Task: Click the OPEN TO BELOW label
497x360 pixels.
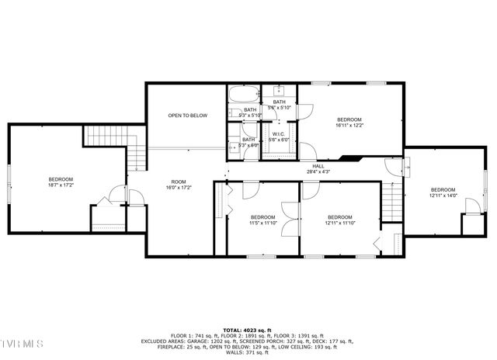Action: coord(188,116)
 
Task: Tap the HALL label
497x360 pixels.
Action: coord(318,166)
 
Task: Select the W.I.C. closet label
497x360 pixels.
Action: coord(279,134)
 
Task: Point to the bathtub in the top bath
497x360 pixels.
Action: coord(242,97)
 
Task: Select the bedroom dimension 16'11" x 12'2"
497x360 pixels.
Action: coord(349,125)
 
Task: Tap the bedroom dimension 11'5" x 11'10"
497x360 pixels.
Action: coord(262,223)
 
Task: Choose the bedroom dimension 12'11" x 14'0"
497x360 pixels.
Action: coord(443,196)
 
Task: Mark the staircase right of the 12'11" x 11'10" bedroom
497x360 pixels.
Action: coord(394,202)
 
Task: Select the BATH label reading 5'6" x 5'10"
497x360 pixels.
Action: coord(279,108)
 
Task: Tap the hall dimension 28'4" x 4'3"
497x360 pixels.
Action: coord(318,171)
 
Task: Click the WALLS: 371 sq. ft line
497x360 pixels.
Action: coord(248,353)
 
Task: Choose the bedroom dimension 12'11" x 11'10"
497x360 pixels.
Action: coord(340,223)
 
